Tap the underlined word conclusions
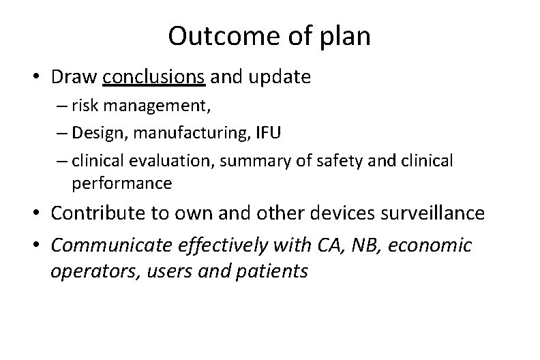click(153, 77)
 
